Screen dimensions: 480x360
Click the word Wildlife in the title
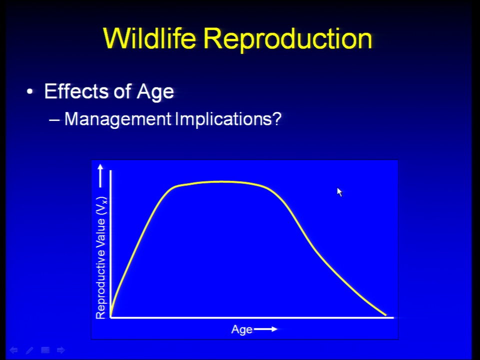point(149,38)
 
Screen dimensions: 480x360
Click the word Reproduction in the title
point(288,39)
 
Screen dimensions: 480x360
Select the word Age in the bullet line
point(155,92)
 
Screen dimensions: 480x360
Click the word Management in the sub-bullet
point(118,119)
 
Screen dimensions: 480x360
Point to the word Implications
point(223,119)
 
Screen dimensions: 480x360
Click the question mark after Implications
point(276,118)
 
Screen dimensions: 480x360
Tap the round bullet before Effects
point(29,91)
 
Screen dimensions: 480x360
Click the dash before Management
point(54,119)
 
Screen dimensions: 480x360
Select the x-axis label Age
point(242,330)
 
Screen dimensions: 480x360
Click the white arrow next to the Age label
point(265,329)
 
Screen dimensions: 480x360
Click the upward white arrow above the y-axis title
point(100,175)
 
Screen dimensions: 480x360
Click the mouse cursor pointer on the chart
point(339,192)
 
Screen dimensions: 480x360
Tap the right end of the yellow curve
point(385,314)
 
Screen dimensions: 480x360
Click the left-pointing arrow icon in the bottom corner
point(13,350)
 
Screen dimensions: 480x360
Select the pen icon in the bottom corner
point(29,350)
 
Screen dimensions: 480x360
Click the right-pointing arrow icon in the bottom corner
point(61,350)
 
